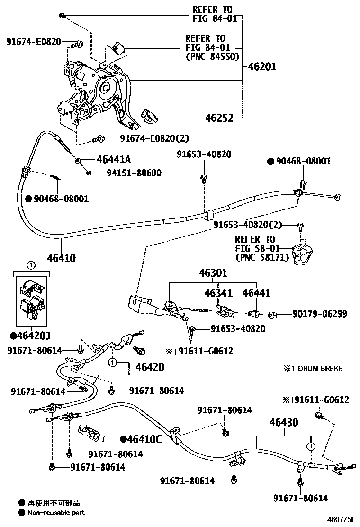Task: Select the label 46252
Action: (x=219, y=118)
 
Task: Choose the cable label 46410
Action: (x=61, y=258)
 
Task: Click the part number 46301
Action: (x=213, y=273)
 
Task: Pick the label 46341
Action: (x=217, y=293)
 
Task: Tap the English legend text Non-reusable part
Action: (x=56, y=512)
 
